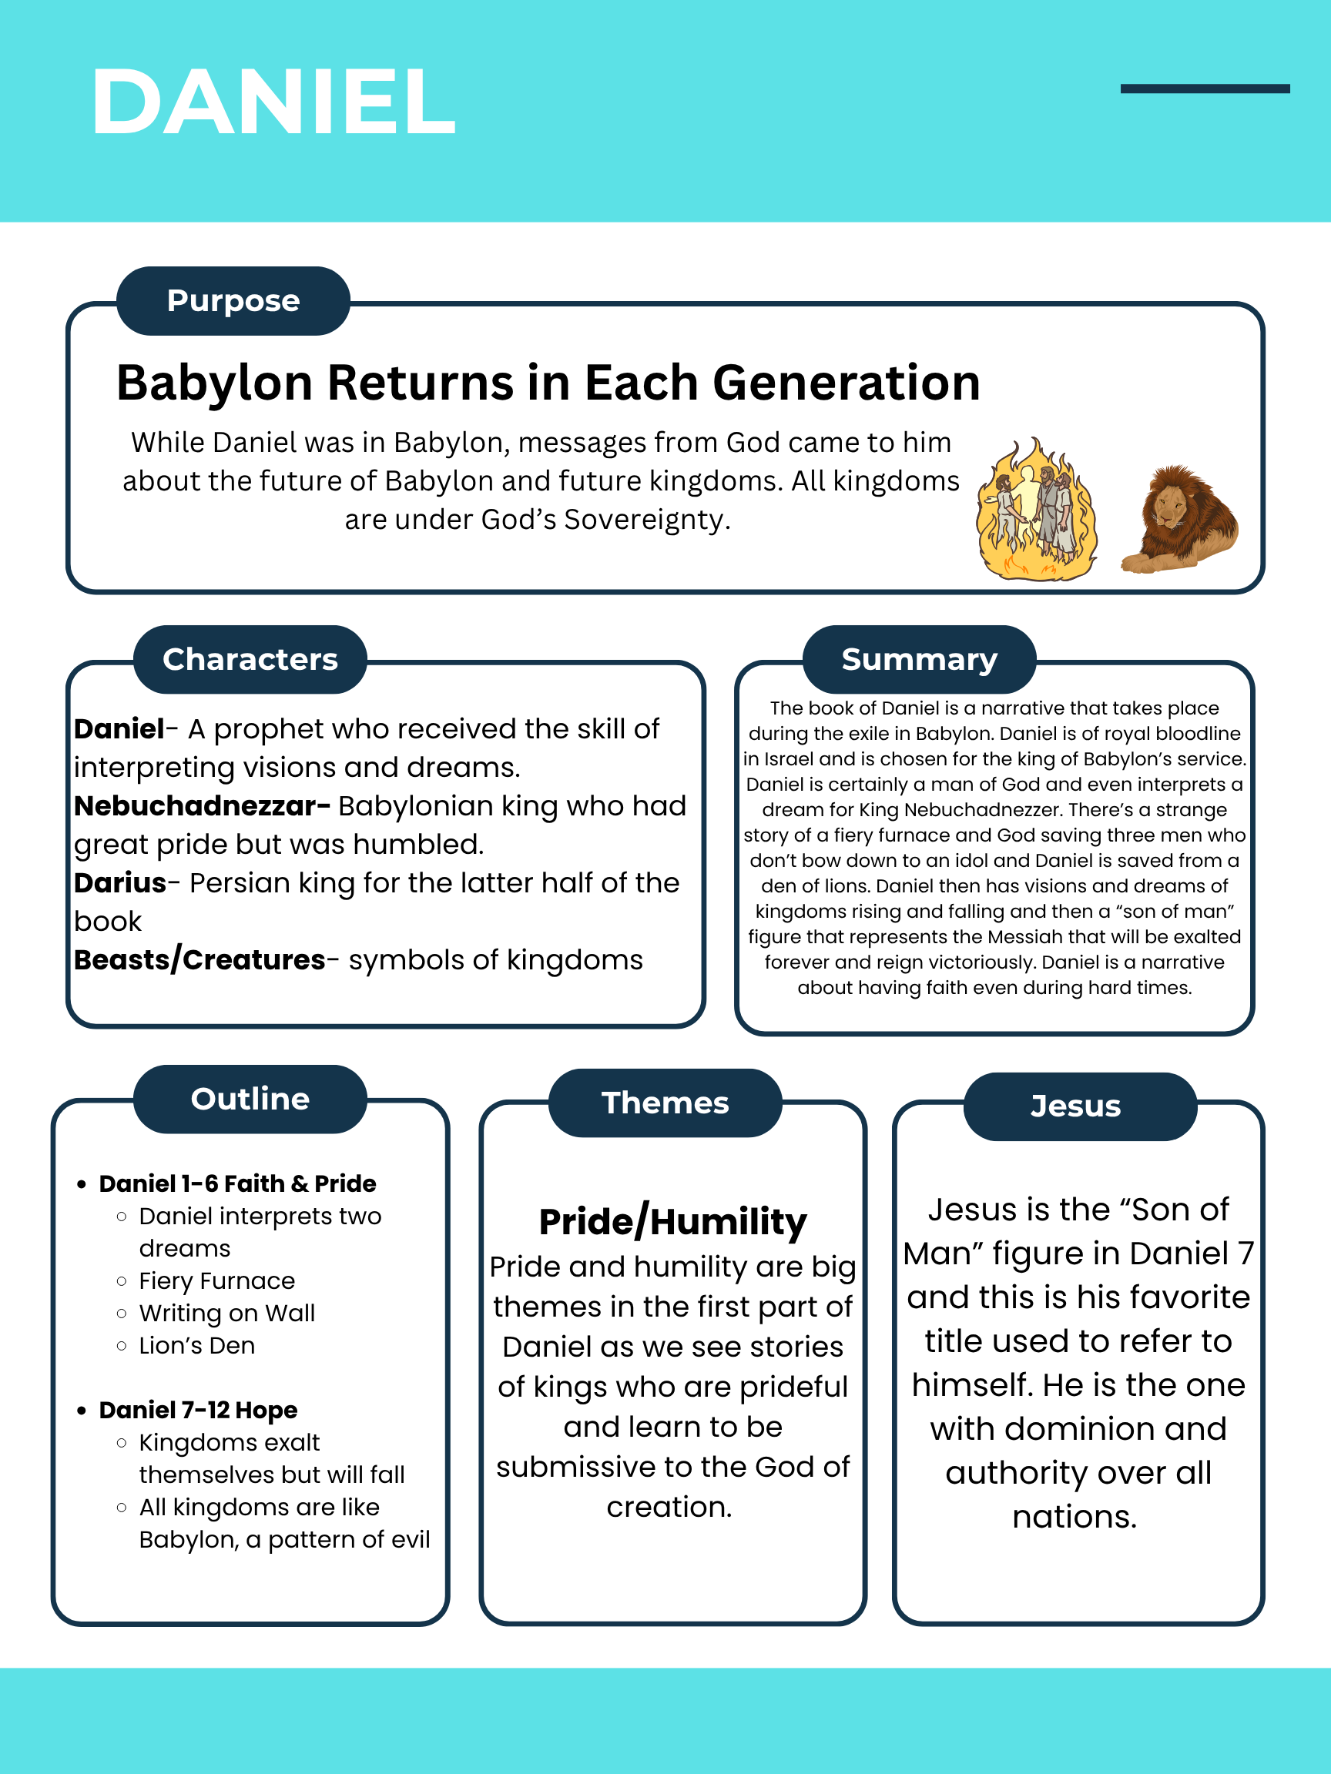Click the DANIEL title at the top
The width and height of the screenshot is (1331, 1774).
point(273,102)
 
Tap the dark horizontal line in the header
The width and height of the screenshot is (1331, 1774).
point(1204,89)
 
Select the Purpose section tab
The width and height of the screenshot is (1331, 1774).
point(233,301)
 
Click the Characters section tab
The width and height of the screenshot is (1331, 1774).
point(250,659)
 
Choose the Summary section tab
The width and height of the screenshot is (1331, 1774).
point(920,659)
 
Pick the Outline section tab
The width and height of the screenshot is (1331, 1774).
point(250,1099)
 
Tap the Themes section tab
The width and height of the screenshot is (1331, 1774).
point(665,1103)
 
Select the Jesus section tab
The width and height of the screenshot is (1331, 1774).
point(1076,1106)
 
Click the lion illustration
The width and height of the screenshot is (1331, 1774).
point(1181,519)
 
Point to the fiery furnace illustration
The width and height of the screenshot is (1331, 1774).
point(1037,510)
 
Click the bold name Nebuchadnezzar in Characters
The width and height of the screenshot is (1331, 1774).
point(202,806)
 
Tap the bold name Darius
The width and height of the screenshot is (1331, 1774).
point(120,883)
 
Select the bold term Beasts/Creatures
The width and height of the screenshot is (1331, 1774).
point(199,960)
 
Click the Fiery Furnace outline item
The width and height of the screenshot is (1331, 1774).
point(216,1280)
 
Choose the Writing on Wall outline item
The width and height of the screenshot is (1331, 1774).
point(227,1313)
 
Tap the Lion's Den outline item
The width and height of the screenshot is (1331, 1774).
point(197,1345)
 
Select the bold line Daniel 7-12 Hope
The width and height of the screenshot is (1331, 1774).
point(198,1410)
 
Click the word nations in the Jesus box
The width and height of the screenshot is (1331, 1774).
point(1075,1518)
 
